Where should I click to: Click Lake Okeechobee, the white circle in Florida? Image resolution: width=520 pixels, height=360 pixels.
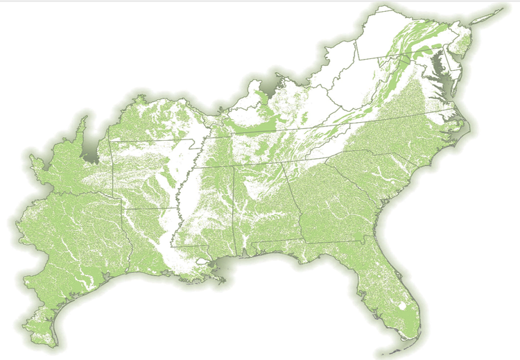404,305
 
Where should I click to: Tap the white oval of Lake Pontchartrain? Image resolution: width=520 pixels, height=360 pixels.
202,262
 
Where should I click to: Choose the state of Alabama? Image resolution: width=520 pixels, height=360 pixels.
263,208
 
